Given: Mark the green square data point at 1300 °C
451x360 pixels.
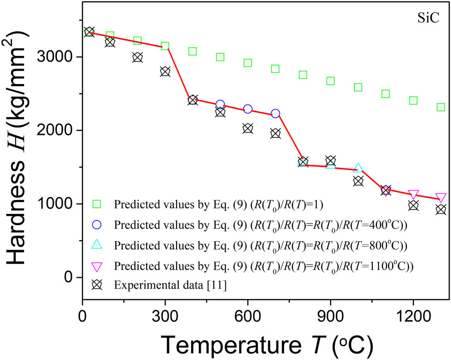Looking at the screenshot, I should click(x=441, y=107).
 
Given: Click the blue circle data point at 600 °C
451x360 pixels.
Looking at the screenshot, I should click(x=248, y=109).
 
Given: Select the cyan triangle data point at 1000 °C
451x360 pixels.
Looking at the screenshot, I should click(x=358, y=169).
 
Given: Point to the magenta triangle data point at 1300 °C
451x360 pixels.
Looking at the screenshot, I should click(x=441, y=198).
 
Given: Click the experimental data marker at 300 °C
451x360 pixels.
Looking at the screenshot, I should click(x=165, y=72).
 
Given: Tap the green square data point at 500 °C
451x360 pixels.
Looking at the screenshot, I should click(x=220, y=57).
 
